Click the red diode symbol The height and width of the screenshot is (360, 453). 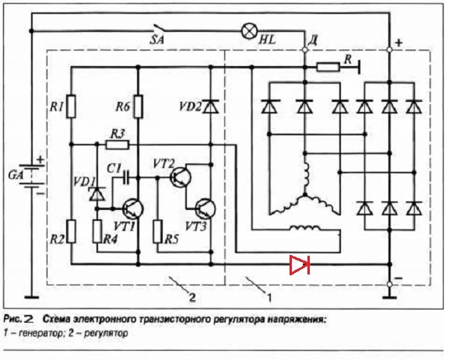pos(300,264)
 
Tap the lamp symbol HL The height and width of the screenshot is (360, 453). pos(249,31)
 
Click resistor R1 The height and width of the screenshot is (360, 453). pos(71,107)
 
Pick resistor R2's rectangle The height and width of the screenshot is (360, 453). pos(71,231)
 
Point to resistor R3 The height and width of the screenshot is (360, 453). pos(118,145)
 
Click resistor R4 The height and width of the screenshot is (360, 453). pos(97,231)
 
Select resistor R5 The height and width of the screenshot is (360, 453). pos(157,231)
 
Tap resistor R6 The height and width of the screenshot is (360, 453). pos(138,107)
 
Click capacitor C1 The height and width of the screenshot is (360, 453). pos(126,177)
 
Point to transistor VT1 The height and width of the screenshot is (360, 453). pos(133,209)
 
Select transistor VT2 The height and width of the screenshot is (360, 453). pos(181,177)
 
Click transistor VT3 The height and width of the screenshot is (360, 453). pos(205,209)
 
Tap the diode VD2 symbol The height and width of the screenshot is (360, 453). pos(211,107)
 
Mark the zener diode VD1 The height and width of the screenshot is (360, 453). pos(97,194)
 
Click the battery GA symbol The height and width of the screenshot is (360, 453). pos(32,176)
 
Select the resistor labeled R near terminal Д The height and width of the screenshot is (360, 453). pos(328,68)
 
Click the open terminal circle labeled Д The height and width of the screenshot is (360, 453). pos(305,50)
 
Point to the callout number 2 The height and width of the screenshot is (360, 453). pos(191,297)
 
